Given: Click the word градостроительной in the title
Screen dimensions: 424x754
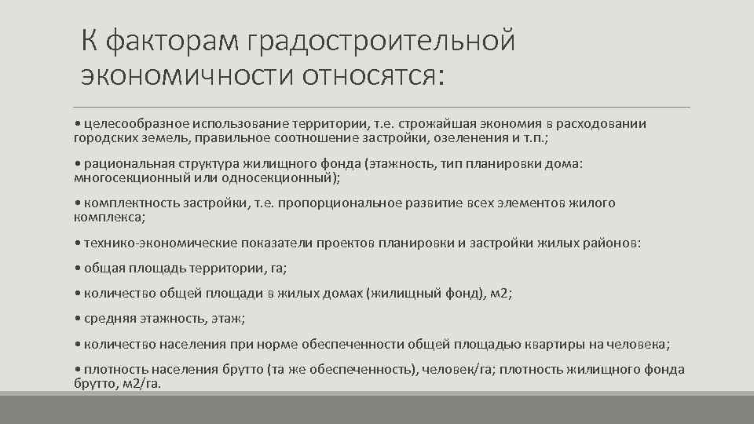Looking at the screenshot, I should click(381, 40).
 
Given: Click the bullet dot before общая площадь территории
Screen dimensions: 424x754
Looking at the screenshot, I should click(76, 268).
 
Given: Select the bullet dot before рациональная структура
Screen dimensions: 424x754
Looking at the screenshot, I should click(76, 164).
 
